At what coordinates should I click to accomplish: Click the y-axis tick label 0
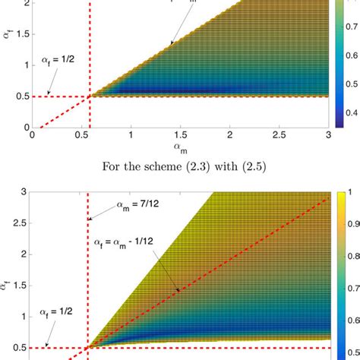pos(25,127)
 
